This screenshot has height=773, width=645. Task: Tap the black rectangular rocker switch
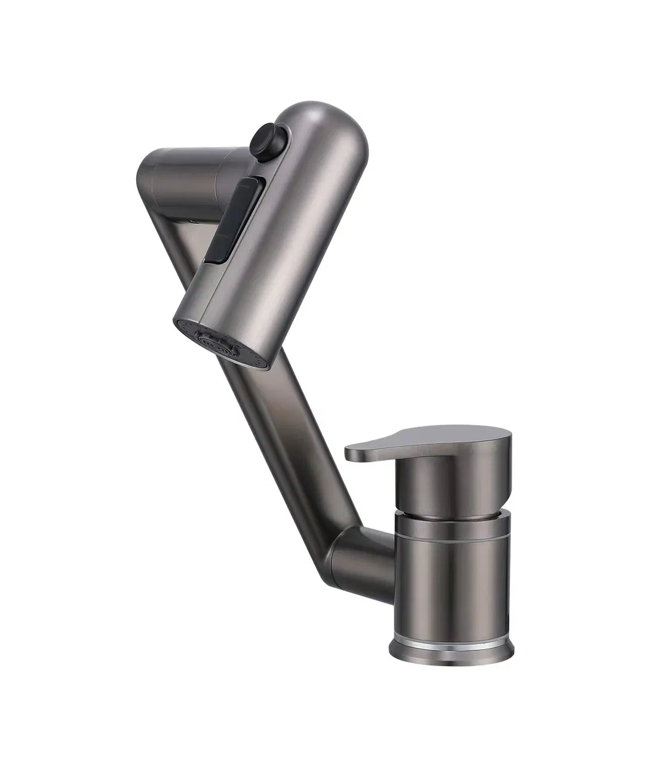234,220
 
